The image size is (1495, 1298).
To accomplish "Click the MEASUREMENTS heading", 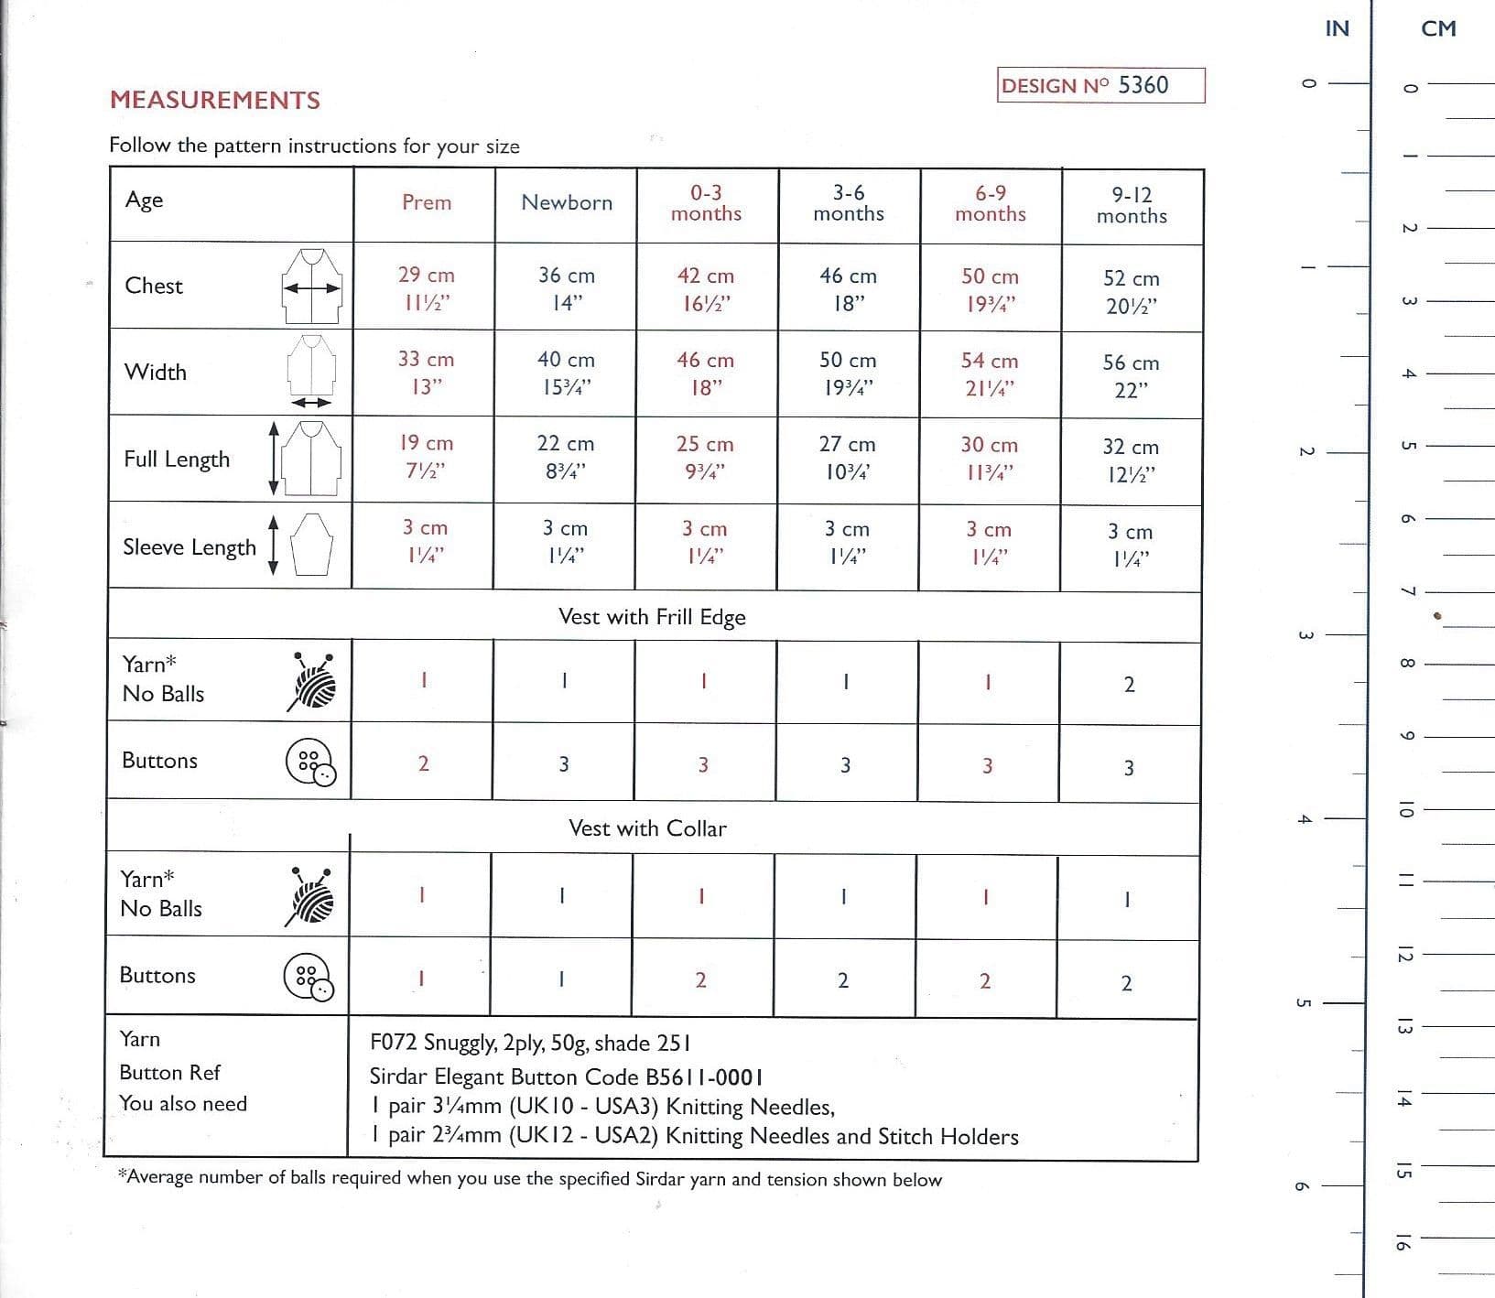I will point(215,100).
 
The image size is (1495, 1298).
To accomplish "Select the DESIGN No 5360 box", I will point(1100,85).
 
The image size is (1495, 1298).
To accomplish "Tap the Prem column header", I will point(427,202).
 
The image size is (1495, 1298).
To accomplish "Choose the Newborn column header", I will point(567,202).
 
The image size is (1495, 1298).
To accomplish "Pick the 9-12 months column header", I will point(1132,205).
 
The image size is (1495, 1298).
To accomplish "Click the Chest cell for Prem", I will point(426,288).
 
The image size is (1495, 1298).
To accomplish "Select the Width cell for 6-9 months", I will point(990,373).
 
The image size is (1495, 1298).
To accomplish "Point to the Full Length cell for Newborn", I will point(566,457).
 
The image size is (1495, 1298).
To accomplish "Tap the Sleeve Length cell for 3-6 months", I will point(848,542).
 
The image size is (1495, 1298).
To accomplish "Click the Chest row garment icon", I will point(312,286).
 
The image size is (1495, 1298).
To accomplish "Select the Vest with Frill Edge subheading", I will point(652,617).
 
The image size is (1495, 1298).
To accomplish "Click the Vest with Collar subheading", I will point(647,828).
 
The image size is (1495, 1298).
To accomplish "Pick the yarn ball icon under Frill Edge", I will point(311,682).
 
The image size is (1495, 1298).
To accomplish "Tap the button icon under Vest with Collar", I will point(309,977).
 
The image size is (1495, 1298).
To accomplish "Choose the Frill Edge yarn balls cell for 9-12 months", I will point(1129,685).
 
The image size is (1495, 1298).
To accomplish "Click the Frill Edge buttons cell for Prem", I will point(423,763).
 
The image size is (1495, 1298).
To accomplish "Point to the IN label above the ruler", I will point(1337,28).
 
